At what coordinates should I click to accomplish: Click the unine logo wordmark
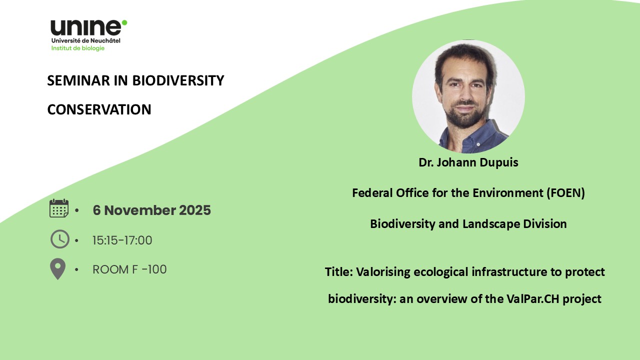pos(86,27)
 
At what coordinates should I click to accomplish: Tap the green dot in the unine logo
pos(124,22)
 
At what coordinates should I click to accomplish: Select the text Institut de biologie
pos(77,48)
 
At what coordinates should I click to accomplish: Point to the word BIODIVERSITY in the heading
pos(178,80)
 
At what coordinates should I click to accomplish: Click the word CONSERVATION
pos(99,109)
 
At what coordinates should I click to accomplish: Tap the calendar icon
pos(59,208)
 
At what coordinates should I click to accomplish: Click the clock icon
pos(59,239)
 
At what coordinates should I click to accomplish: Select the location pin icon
pos(57,269)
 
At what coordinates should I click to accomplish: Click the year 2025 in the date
pos(195,210)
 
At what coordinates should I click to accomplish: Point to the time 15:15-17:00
pos(122,240)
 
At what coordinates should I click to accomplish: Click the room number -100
pos(154,269)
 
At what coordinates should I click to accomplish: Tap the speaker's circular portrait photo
pos(468,96)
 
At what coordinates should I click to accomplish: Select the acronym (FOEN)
pos(565,193)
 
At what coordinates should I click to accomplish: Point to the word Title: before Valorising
pos(339,271)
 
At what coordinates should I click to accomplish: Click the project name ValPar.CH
pos(533,299)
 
